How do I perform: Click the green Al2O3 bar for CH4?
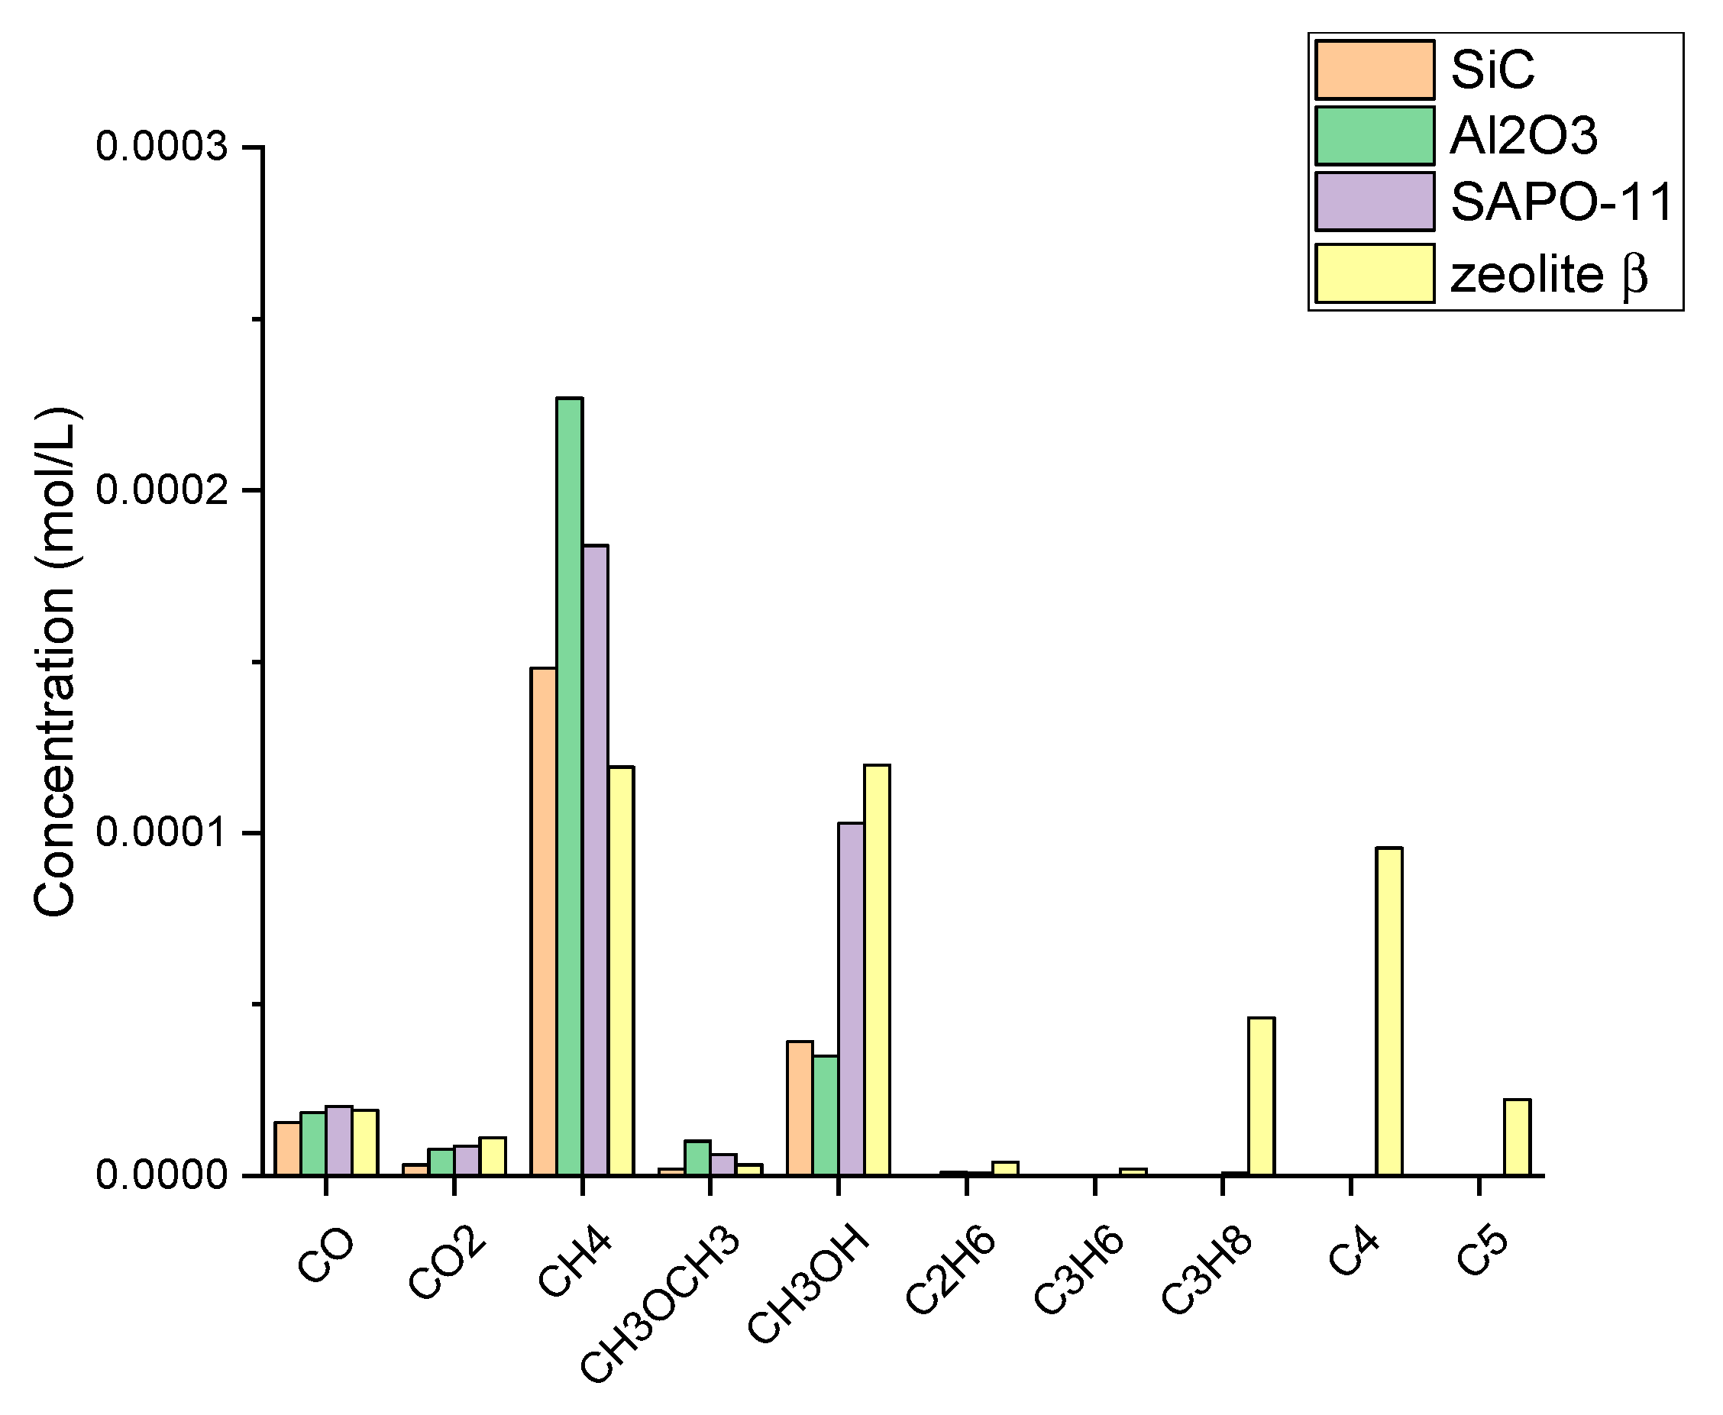pyautogui.click(x=569, y=787)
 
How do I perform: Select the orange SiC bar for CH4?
pyautogui.click(x=543, y=921)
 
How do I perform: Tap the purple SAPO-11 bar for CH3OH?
pyautogui.click(x=851, y=999)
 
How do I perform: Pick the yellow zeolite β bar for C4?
pyautogui.click(x=1388, y=1011)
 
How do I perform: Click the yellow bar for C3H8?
pyautogui.click(x=1261, y=1097)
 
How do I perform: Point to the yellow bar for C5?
pyautogui.click(x=1517, y=1137)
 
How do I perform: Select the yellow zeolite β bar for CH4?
pyautogui.click(x=620, y=970)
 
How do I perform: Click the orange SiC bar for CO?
pyautogui.click(x=287, y=1148)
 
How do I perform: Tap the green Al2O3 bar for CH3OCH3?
pyautogui.click(x=697, y=1158)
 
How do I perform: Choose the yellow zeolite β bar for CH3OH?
pyautogui.click(x=877, y=970)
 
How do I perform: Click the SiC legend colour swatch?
pyautogui.click(x=1374, y=70)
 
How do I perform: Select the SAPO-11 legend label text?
pyautogui.click(x=1562, y=202)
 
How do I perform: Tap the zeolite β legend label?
pyautogui.click(x=1549, y=275)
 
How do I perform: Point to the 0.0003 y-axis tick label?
pyautogui.click(x=161, y=147)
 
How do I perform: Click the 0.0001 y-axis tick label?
pyautogui.click(x=161, y=832)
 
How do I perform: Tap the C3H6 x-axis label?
pyautogui.click(x=1079, y=1271)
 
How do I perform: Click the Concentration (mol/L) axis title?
pyautogui.click(x=56, y=661)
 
